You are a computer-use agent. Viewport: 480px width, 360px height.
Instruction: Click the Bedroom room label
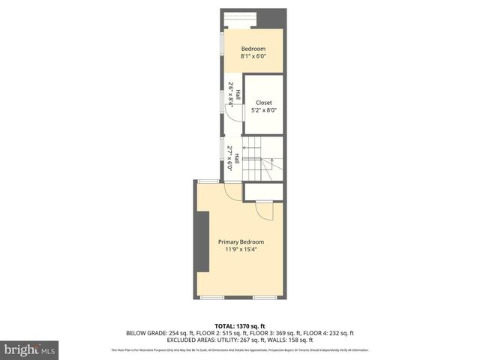(253, 49)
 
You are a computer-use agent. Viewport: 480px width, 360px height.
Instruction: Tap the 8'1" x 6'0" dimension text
(253, 56)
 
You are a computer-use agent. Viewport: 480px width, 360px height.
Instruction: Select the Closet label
(263, 103)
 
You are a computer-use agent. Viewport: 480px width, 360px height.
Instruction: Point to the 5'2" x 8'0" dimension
(263, 110)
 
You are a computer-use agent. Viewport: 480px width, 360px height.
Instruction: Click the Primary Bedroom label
(241, 241)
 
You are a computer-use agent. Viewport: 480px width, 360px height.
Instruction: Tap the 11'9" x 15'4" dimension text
(241, 250)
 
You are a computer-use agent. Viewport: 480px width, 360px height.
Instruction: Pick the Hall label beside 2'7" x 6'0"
(237, 159)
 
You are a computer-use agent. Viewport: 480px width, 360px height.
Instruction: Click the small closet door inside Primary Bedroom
(264, 211)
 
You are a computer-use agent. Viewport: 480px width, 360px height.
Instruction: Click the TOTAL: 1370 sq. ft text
(240, 326)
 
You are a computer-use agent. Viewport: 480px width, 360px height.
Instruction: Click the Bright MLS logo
(30, 349)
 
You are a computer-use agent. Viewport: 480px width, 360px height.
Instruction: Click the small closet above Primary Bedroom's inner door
(264, 192)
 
